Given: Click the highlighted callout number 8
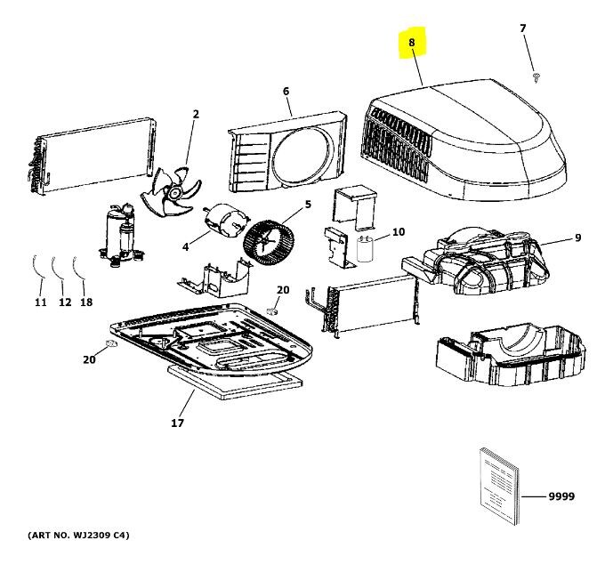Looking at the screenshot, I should tap(412, 43).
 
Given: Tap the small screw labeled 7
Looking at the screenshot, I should tap(536, 77).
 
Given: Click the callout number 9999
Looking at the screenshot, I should tap(560, 495).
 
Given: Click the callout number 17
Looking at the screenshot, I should tap(177, 423).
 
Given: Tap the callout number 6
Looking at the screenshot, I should tap(286, 91).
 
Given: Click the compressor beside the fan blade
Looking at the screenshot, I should tap(118, 233).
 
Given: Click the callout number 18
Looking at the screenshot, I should tap(86, 302).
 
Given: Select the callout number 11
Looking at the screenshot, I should tap(40, 302).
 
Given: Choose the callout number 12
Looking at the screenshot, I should tap(64, 302).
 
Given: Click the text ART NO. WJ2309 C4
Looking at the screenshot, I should tap(79, 536).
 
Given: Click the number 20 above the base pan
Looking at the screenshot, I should tap(283, 290).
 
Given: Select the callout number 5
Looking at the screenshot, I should tap(308, 205).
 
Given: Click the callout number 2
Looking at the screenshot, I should tap(196, 113).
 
